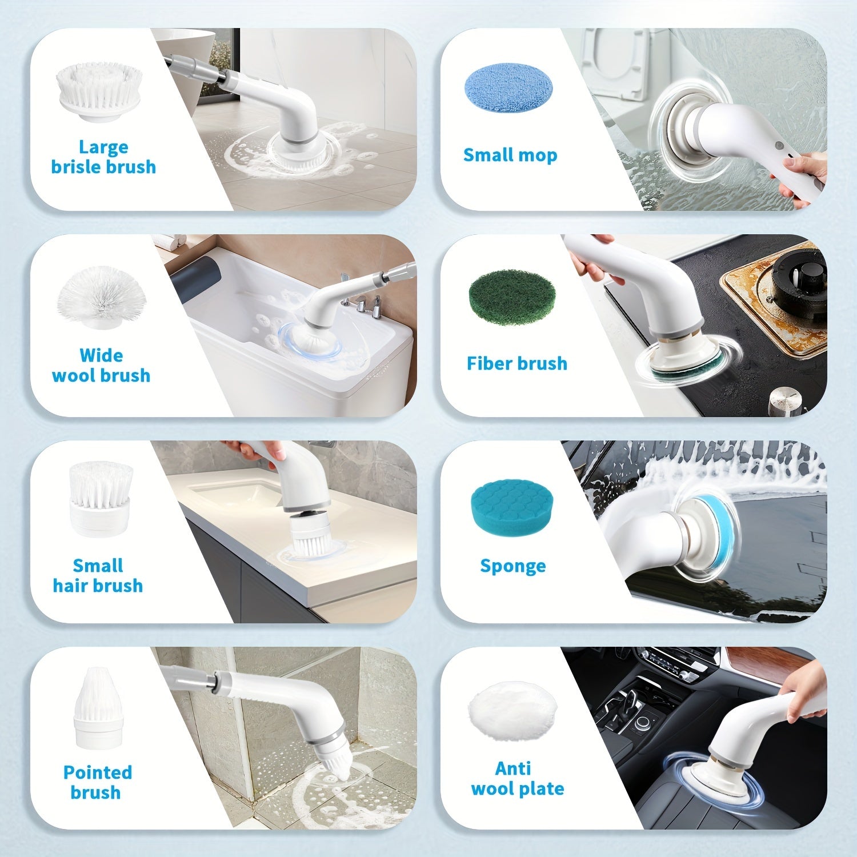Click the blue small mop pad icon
coord(508,86)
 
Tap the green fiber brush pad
coord(512,298)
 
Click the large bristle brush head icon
coord(99,92)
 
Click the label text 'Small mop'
coord(510,155)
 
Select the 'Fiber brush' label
coord(517,363)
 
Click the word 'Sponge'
coord(513,566)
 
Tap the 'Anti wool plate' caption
coord(517,779)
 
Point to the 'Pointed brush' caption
coord(97,782)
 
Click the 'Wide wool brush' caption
coord(101,365)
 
